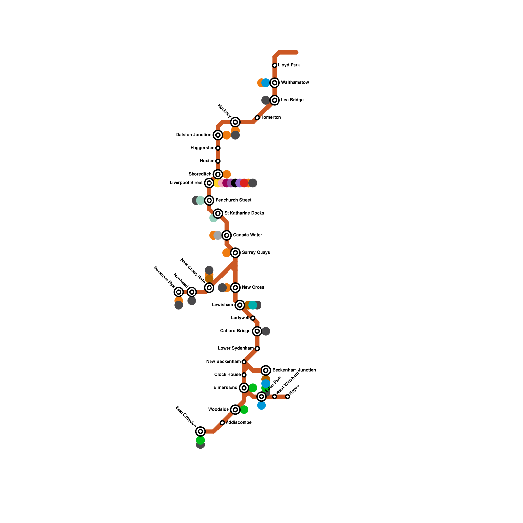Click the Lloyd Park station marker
[275, 65]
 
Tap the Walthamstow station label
[295, 83]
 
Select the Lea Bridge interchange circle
[275, 100]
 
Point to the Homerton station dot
[257, 118]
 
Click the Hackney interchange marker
[235, 122]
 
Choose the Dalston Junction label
[194, 135]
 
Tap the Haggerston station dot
[218, 148]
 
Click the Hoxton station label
[207, 161]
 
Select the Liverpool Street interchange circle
[209, 183]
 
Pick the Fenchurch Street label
[233, 200]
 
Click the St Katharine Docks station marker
[218, 213]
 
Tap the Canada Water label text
[247, 235]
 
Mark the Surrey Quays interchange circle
[235, 253]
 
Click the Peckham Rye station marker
[178, 292]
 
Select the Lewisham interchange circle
[240, 305]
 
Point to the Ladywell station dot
[253, 318]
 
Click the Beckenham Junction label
[294, 370]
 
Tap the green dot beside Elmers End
[253, 388]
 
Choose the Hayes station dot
[288, 397]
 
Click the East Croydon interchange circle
[200, 431]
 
